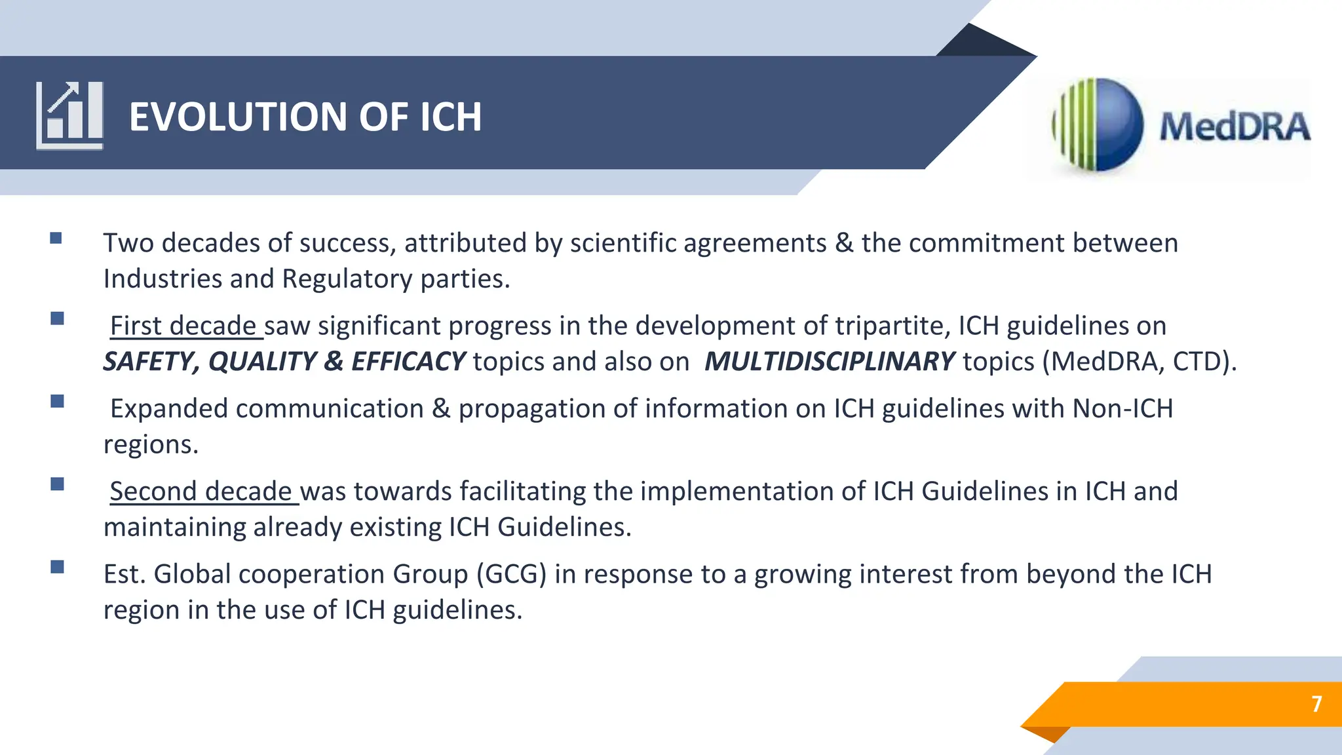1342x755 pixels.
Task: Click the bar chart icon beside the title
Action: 69,115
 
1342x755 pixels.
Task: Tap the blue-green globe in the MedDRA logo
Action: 1099,125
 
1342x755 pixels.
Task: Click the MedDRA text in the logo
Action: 1234,127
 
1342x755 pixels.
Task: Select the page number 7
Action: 1316,704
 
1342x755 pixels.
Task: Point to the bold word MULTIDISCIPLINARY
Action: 829,362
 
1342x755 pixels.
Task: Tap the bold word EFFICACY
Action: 408,362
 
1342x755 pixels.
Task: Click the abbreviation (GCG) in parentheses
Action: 511,574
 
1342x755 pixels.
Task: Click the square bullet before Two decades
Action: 56,238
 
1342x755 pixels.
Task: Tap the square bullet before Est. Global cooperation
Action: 58,567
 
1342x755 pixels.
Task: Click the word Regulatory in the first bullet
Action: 347,279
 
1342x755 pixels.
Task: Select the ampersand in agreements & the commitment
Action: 844,243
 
